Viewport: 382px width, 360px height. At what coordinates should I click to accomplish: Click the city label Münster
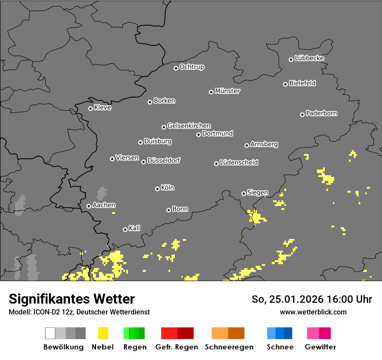pos(227,91)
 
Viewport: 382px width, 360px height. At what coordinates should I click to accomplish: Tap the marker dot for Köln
pos(157,189)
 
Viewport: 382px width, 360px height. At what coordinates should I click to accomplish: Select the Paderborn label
pos(322,113)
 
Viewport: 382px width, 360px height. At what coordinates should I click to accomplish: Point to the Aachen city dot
pos(89,206)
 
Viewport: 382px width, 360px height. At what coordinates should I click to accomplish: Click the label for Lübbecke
pos(310,58)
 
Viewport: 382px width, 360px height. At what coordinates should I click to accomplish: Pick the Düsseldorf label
pos(164,160)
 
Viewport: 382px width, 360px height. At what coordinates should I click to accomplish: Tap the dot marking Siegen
pos(244,193)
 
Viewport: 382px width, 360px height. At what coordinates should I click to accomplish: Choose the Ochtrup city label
pos(192,67)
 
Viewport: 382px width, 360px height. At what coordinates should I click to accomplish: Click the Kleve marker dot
pos(90,108)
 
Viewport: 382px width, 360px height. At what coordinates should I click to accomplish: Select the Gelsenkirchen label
pos(189,126)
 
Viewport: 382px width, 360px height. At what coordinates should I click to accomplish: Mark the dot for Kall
pos(125,229)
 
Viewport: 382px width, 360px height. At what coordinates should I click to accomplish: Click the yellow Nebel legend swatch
pos(103,333)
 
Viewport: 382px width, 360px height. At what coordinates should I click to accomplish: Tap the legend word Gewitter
pos(320,347)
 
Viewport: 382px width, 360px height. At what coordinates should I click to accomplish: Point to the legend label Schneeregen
pos(229,347)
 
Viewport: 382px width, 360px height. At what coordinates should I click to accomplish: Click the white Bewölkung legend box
pos(50,333)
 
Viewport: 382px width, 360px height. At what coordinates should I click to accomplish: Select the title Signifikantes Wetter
pos(72,299)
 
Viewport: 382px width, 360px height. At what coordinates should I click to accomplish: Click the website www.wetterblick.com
pos(313,312)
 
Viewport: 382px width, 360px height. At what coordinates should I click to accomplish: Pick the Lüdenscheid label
pos(239,163)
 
